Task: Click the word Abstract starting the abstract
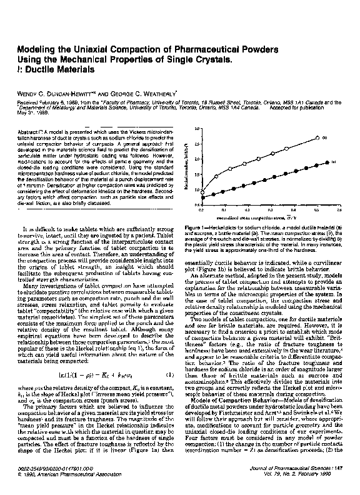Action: click(31, 132)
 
